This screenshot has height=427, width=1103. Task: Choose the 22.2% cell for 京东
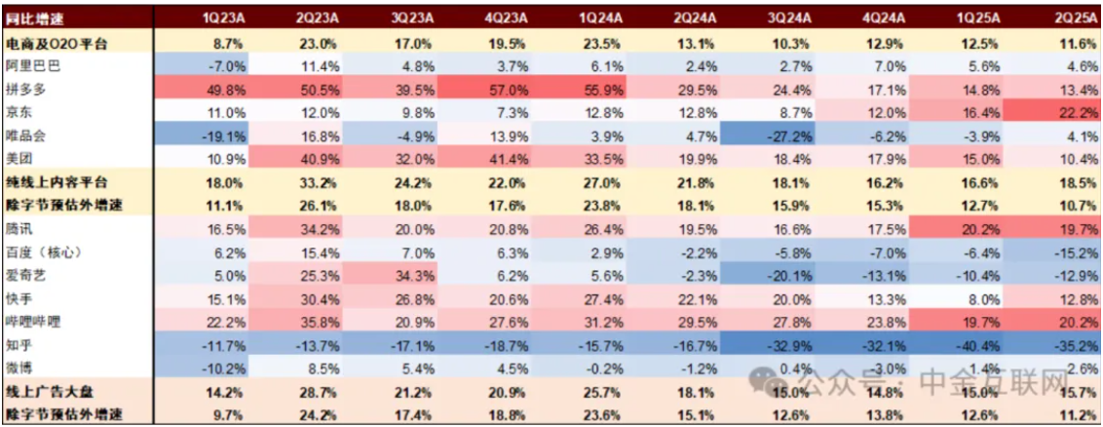1067,112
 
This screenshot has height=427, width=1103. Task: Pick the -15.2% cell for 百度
1067,252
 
